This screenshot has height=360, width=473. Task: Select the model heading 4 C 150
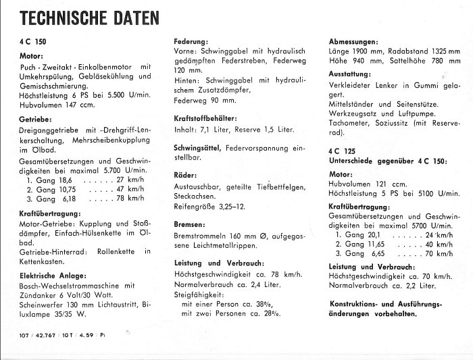(32, 41)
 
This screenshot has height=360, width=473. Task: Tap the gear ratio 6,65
(380, 253)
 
